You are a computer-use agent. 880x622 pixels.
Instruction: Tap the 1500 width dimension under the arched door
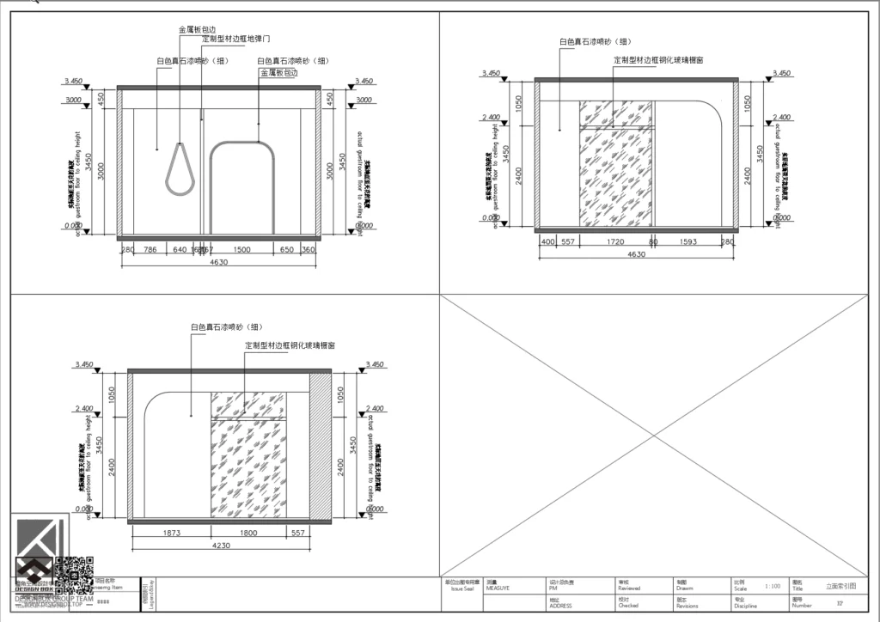point(241,250)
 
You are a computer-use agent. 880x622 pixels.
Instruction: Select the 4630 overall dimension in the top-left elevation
point(218,263)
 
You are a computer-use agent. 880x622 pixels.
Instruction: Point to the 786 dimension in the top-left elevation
point(150,250)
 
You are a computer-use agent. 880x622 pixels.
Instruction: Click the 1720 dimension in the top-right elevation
point(615,242)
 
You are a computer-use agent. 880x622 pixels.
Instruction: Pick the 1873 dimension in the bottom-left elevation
point(172,533)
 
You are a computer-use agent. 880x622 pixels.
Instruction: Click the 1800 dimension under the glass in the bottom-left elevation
point(247,533)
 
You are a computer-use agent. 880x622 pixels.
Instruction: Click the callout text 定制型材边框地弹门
point(236,40)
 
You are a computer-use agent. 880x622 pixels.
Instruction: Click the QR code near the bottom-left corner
point(74,573)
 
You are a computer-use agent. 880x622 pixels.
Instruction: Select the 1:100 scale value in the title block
point(772,586)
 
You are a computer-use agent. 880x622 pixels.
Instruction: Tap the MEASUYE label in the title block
point(498,588)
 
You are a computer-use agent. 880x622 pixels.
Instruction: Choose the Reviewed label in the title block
point(629,588)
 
